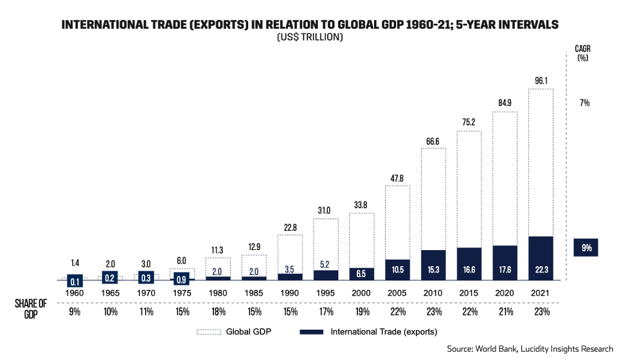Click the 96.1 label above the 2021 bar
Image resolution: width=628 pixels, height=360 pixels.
pyautogui.click(x=541, y=82)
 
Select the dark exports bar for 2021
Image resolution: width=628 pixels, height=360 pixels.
pyautogui.click(x=541, y=258)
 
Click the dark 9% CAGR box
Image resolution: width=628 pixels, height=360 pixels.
pyautogui.click(x=586, y=248)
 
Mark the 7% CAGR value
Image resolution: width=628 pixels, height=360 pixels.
pyautogui.click(x=584, y=103)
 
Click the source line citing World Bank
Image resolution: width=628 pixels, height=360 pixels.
pyautogui.click(x=530, y=348)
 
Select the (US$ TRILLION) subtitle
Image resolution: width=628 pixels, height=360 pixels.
pyautogui.click(x=310, y=38)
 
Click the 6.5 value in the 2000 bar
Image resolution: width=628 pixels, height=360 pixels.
pyautogui.click(x=361, y=272)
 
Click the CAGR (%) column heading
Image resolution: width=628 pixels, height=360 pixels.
pyautogui.click(x=583, y=52)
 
